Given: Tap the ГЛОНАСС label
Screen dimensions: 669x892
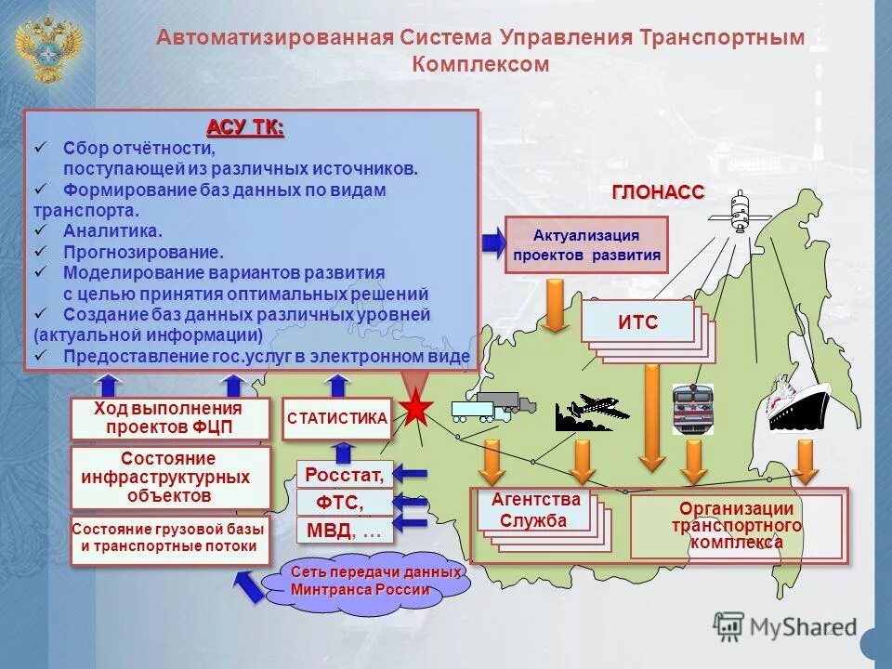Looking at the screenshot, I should point(658,192).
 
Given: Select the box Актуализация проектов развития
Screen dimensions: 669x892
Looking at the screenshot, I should point(585,244).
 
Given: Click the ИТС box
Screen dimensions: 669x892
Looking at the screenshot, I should point(637,321).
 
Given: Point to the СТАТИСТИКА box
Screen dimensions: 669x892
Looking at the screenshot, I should point(337,419).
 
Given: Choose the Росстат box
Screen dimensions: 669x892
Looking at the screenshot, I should point(344,476).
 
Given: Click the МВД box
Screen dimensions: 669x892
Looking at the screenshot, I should point(344,531).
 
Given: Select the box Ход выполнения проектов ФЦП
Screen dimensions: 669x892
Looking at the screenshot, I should point(169,419).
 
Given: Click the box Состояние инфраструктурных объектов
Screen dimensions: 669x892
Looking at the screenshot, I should point(169,477).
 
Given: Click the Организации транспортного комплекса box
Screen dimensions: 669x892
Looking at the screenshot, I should point(736,526).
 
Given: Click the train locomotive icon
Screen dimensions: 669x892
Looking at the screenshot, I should point(691,409).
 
